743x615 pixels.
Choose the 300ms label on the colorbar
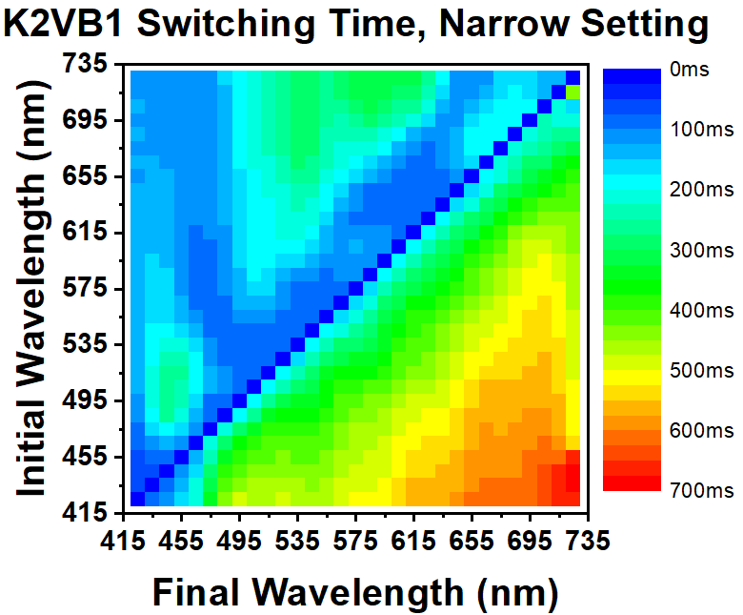(x=700, y=251)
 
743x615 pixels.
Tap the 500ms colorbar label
(x=700, y=370)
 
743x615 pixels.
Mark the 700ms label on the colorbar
(x=700, y=490)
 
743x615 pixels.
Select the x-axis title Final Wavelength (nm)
(x=354, y=592)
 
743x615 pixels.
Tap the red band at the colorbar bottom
(x=630, y=482)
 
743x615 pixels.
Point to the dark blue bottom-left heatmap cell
(x=137, y=499)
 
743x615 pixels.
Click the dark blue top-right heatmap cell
(x=572, y=77)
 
